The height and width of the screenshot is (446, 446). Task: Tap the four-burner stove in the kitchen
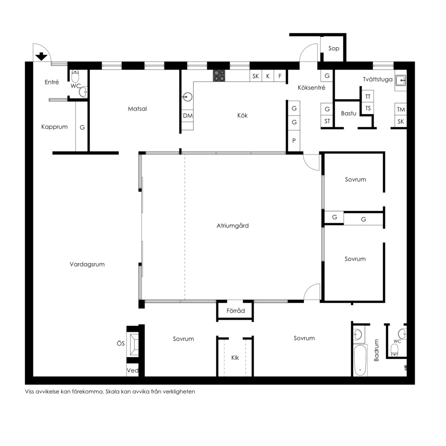[x=219, y=76]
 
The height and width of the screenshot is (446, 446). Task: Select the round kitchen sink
[x=187, y=97]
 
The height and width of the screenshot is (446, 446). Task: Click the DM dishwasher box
[x=187, y=116]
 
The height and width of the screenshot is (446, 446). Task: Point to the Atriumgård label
[x=232, y=225]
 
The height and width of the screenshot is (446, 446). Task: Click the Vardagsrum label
[x=87, y=264]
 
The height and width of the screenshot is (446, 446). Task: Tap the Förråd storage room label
[x=235, y=311]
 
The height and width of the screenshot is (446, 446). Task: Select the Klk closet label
[x=235, y=358]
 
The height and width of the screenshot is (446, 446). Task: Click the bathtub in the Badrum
[x=360, y=361]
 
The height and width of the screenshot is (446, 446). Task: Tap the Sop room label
[x=334, y=48]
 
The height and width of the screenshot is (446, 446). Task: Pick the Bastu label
[x=349, y=113]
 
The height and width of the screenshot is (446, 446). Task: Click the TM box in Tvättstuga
[x=401, y=109]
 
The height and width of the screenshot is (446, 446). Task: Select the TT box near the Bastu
[x=368, y=97]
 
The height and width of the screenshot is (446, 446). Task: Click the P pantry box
[x=294, y=140]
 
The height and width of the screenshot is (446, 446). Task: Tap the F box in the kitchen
[x=280, y=76]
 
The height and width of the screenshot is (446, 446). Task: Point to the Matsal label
[x=137, y=109]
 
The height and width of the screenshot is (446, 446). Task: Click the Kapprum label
[x=55, y=127]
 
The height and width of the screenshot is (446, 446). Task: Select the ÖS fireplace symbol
[x=133, y=344]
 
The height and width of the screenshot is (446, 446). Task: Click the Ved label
[x=133, y=370]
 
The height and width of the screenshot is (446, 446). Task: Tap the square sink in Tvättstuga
[x=401, y=81]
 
